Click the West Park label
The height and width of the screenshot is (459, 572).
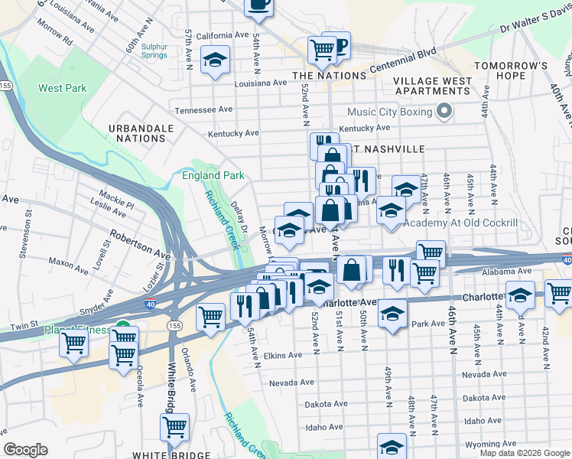tap(63, 88)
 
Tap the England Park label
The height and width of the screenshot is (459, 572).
tap(213, 175)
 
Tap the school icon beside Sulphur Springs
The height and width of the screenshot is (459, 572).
tap(215, 60)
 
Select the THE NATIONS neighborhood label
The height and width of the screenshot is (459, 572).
tap(330, 76)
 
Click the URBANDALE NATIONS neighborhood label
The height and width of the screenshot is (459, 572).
tap(138, 133)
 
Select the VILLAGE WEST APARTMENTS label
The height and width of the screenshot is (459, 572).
tap(432, 86)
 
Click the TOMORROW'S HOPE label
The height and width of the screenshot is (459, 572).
tap(511, 70)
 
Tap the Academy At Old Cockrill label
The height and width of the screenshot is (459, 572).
tap(460, 223)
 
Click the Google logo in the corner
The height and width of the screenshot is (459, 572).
tap(25, 450)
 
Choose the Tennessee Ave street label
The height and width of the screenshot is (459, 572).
tap(203, 109)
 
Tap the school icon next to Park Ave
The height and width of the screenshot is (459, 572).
tap(392, 314)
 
